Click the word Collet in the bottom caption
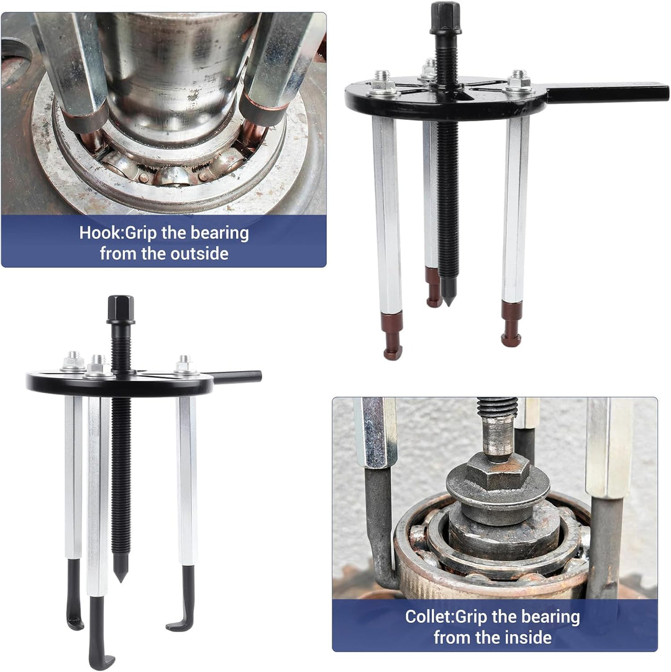tap(428, 617)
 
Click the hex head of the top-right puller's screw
tap(445, 17)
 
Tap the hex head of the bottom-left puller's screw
tap(121, 309)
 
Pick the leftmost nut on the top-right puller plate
tap(382, 81)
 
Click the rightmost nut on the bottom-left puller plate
tap(184, 364)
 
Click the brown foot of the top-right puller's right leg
tap(512, 323)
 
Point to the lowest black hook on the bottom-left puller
tap(97, 633)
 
